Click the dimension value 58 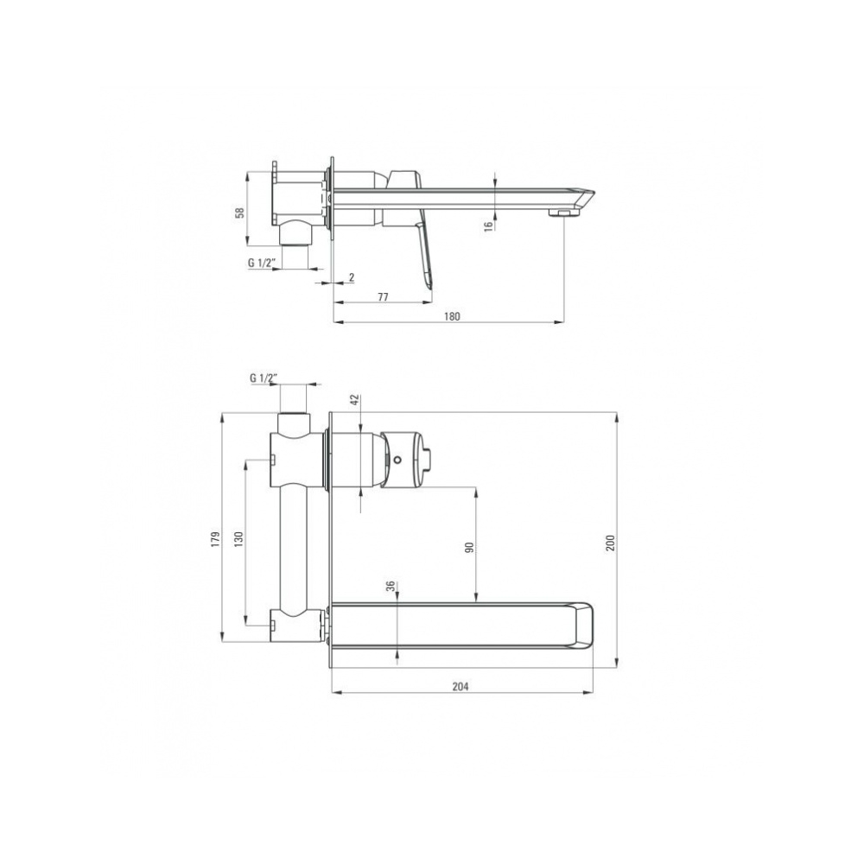tap(239, 213)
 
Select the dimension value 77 tap(383, 297)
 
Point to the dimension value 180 tap(451, 316)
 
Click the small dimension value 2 tap(352, 277)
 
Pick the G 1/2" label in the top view tap(261, 263)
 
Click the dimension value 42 tap(354, 399)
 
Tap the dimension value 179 tap(215, 538)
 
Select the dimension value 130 tap(238, 538)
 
